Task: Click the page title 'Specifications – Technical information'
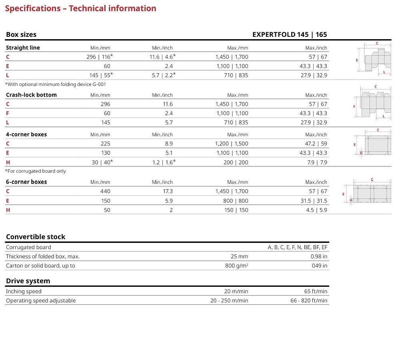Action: [80, 8]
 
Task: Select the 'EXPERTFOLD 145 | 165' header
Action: [290, 34]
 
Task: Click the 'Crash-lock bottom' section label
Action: [31, 95]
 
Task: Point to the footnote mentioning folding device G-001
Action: [56, 84]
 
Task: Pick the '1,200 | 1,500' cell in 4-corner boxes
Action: [232, 144]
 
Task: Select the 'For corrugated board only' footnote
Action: [36, 171]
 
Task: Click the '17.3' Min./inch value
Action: [168, 191]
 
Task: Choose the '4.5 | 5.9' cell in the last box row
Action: [316, 210]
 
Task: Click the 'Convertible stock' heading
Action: [36, 237]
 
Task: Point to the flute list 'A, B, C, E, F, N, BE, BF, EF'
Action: [298, 247]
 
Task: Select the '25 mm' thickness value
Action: [239, 256]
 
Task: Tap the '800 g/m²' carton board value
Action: [236, 266]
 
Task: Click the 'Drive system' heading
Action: [28, 281]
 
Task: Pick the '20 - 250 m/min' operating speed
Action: [229, 300]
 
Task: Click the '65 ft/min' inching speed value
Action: [316, 291]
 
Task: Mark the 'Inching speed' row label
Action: [24, 291]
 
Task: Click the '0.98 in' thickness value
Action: [319, 256]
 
